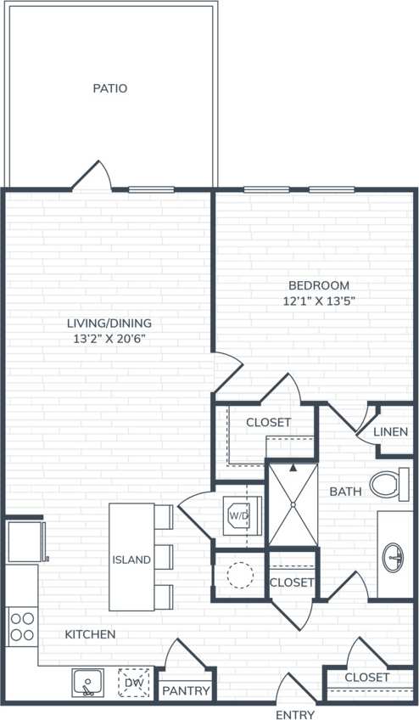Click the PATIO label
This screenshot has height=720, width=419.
click(x=110, y=88)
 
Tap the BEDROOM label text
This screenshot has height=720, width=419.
click(x=318, y=286)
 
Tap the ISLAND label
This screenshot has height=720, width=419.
click(x=131, y=560)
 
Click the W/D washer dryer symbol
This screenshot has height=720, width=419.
click(x=236, y=514)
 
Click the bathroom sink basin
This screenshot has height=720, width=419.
click(x=394, y=559)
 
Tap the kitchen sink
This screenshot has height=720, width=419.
click(x=87, y=683)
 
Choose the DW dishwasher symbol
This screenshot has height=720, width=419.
click(x=133, y=683)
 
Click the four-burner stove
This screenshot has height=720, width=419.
click(x=22, y=626)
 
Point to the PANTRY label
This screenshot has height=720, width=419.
click(x=186, y=690)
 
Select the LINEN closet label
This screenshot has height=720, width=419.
click(x=390, y=432)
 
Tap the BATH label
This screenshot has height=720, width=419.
click(x=345, y=491)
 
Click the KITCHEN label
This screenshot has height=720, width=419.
click(x=90, y=634)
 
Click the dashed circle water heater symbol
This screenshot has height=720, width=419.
click(x=240, y=576)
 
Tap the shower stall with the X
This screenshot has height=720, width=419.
click(x=293, y=504)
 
